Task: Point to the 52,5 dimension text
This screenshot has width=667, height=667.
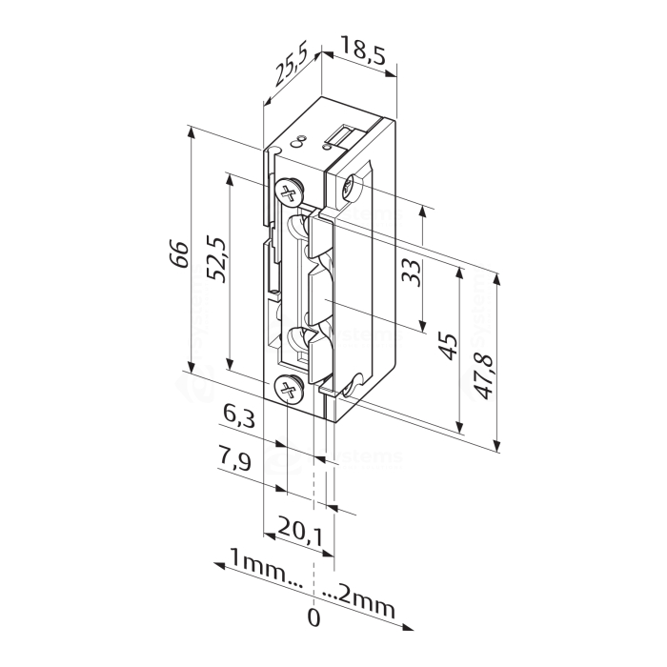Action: [214, 259]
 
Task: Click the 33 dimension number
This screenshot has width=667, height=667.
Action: [411, 272]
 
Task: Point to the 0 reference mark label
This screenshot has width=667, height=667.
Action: [313, 617]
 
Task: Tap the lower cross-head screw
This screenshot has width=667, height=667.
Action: [287, 388]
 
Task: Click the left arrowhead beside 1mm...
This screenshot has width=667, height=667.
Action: [216, 565]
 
